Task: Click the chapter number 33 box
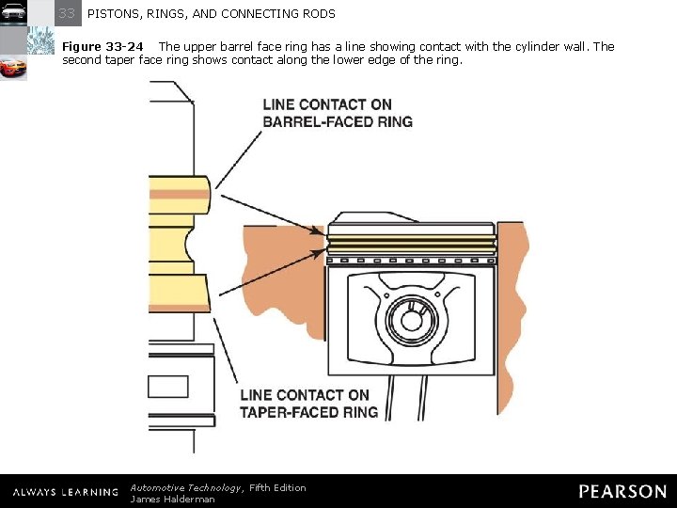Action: tap(68, 13)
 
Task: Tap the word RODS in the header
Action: tap(318, 14)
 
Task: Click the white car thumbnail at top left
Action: tap(13, 12)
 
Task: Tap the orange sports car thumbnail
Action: tap(13, 69)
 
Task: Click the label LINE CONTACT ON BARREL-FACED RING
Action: tap(338, 113)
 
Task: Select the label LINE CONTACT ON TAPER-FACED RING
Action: tap(309, 403)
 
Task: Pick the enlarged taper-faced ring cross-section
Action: tap(179, 292)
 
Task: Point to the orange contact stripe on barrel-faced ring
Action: tap(179, 195)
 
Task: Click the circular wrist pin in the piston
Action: tap(412, 320)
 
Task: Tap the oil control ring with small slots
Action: tap(412, 260)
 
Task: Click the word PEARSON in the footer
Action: tap(622, 491)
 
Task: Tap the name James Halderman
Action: tap(172, 500)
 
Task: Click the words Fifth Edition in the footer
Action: tap(277, 487)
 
